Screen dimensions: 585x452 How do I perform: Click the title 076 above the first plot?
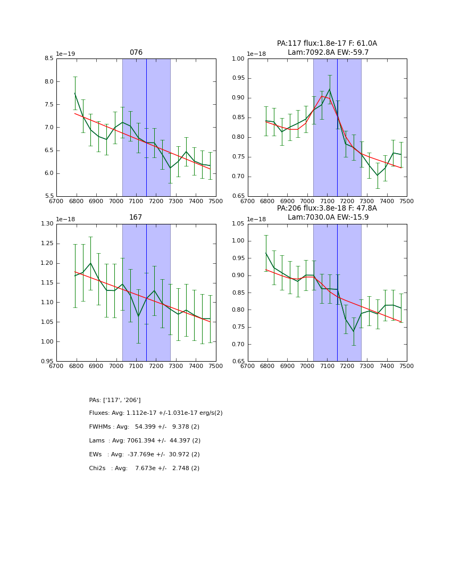click(x=136, y=53)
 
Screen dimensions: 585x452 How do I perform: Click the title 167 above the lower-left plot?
click(x=136, y=218)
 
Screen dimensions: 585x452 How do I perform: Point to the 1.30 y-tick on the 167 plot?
click(x=47, y=224)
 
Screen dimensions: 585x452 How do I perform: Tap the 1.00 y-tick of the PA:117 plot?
click(x=239, y=59)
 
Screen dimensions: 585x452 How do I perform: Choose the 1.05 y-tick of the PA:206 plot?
click(x=239, y=224)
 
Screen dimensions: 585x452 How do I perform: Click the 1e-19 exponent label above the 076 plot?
click(x=65, y=54)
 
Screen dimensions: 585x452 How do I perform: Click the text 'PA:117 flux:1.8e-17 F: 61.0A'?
click(x=327, y=44)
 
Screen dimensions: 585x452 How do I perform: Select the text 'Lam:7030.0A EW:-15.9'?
click(x=328, y=217)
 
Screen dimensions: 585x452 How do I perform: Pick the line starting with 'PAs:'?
click(x=115, y=400)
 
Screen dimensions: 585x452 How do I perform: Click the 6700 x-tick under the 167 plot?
click(x=56, y=366)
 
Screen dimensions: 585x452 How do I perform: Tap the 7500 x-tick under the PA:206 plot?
click(x=406, y=366)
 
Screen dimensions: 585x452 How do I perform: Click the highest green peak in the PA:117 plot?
click(x=330, y=89)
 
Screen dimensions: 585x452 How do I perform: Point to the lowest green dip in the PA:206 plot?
click(x=353, y=331)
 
